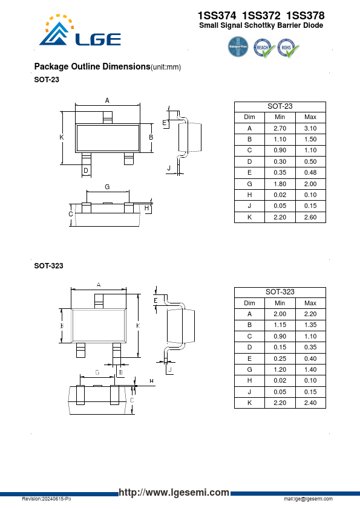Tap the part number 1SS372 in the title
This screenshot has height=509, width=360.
pyautogui.click(x=261, y=15)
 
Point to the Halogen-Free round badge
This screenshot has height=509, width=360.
pyautogui.click(x=238, y=47)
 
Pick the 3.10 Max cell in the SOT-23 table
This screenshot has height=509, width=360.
pyautogui.click(x=310, y=128)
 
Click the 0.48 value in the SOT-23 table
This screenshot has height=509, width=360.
pyautogui.click(x=310, y=172)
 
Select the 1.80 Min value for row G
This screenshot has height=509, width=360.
pyautogui.click(x=280, y=184)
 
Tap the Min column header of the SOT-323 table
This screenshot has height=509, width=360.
pyautogui.click(x=280, y=303)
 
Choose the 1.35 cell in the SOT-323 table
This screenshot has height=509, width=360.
pyautogui.click(x=310, y=325)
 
